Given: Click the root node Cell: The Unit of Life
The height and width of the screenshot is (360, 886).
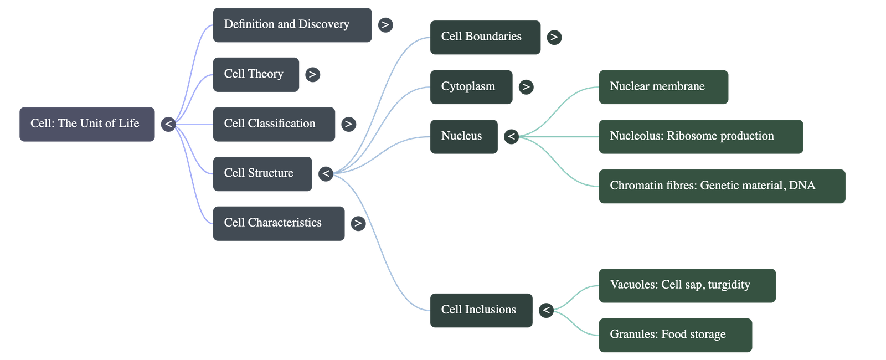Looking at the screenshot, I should (x=87, y=124).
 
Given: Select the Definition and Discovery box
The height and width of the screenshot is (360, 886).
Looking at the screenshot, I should (x=292, y=25).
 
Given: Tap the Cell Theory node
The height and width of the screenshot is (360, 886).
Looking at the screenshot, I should (x=255, y=74).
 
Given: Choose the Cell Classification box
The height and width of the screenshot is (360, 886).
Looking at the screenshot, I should (x=274, y=124).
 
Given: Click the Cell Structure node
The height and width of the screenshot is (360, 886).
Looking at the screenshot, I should (x=262, y=174).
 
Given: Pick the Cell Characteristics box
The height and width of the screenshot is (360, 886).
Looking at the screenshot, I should (x=278, y=223).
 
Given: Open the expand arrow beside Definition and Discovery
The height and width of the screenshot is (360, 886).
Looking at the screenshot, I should (x=385, y=25).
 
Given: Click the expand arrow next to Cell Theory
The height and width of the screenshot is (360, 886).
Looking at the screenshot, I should (x=312, y=74).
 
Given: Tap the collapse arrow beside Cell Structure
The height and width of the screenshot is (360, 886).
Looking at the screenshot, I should (x=326, y=174).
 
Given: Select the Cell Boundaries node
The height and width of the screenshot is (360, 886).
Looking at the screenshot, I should (x=485, y=37).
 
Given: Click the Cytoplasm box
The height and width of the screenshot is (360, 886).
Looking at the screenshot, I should (x=471, y=87).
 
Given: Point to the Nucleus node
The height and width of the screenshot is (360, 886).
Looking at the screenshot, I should (x=463, y=136).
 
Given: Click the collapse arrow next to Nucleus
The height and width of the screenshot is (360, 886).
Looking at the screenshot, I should (x=511, y=136).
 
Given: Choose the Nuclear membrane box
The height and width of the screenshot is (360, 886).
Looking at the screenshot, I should (x=663, y=87).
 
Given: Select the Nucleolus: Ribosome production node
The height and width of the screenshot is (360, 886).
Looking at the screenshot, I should (x=700, y=136).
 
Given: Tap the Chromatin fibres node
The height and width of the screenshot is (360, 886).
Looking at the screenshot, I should (x=722, y=186).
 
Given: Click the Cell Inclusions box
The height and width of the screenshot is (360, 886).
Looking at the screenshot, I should (x=481, y=310).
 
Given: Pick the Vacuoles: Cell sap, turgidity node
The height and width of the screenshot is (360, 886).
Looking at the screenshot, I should (x=687, y=285).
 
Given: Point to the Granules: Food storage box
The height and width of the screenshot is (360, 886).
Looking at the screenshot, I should (x=674, y=335).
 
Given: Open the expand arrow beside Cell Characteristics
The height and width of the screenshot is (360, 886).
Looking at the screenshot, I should (x=358, y=223).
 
